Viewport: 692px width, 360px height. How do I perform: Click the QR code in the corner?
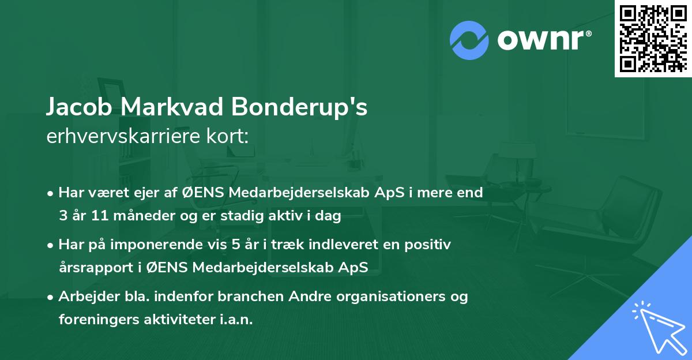tap(653, 39)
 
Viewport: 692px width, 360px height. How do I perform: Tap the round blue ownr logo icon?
tap(469, 40)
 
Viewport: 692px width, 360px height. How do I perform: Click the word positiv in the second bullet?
tap(429, 245)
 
